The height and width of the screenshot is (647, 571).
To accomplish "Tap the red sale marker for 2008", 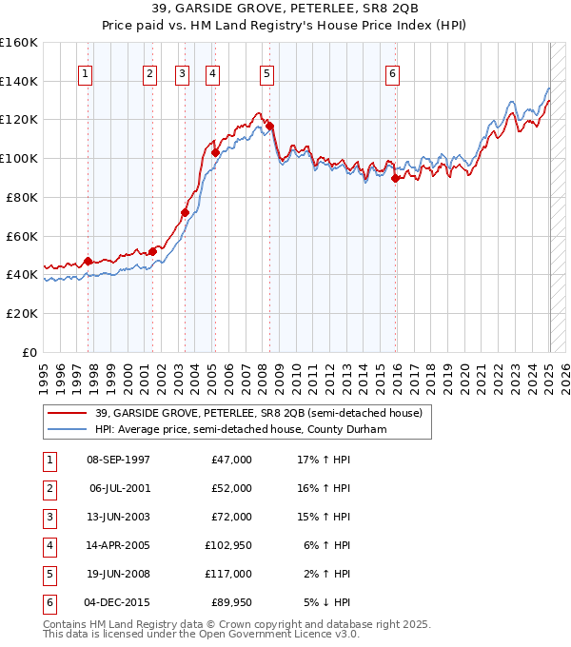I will (270, 126).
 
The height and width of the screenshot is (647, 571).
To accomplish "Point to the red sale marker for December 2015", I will (395, 178).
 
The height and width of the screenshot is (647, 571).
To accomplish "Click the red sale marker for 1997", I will (88, 261).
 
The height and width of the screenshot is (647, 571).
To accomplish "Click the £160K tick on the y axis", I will (19, 43).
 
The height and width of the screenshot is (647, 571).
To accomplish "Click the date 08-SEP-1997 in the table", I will (118, 460).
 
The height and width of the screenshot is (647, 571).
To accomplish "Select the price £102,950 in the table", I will (227, 545).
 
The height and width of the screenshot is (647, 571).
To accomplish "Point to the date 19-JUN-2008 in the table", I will (118, 574).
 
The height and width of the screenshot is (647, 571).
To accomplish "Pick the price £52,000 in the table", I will (231, 488).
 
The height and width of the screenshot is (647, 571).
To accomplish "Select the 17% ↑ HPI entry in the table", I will (324, 460).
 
